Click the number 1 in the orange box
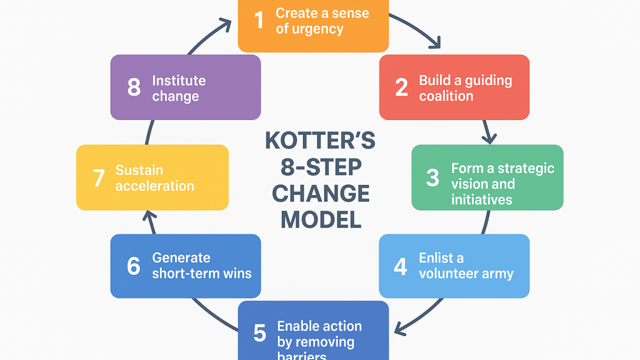259,20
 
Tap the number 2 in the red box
401,87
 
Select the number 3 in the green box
432,177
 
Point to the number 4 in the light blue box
400,266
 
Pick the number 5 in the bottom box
259,333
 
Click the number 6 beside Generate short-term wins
133,266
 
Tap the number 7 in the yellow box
99,177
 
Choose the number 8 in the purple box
134,87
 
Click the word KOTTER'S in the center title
320,140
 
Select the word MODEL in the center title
321,219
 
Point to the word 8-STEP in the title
321,167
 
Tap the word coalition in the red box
446,96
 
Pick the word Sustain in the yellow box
139,170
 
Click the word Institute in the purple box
179,80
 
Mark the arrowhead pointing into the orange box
226,24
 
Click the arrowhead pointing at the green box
489,139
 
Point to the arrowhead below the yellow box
149,216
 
